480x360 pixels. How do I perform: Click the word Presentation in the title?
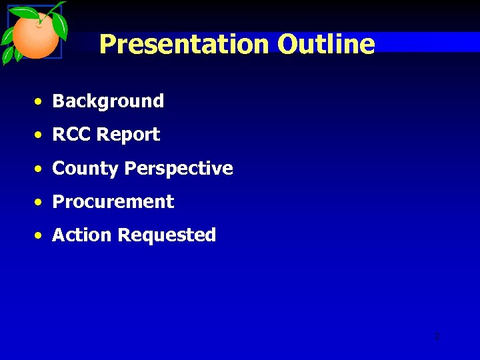pyautogui.click(x=185, y=45)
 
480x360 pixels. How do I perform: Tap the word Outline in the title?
pyautogui.click(x=326, y=45)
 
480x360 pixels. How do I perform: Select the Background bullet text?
pyautogui.click(x=108, y=101)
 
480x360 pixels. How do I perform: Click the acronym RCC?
pyautogui.click(x=72, y=135)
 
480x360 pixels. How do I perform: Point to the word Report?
pyautogui.click(x=128, y=135)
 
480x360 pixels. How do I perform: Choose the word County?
pyautogui.click(x=86, y=169)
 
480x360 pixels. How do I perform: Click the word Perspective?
pyautogui.click(x=179, y=169)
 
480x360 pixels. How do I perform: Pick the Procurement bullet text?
pyautogui.click(x=113, y=202)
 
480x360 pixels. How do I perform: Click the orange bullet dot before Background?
pyautogui.click(x=41, y=102)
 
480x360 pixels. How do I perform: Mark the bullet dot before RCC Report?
pyautogui.click(x=41, y=135)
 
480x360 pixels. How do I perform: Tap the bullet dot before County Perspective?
pyautogui.click(x=41, y=169)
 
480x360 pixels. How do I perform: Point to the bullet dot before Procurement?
pyautogui.click(x=41, y=202)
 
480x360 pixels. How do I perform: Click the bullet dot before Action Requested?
pyautogui.click(x=41, y=235)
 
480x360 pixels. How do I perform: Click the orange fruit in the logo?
pyautogui.click(x=35, y=37)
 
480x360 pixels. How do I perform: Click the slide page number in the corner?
pyautogui.click(x=437, y=336)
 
